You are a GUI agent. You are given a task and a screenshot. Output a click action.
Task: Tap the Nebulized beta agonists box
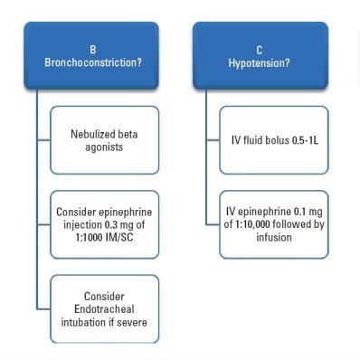104,140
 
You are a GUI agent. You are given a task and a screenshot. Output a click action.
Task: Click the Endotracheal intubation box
104,308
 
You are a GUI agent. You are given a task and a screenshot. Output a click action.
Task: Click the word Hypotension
258,62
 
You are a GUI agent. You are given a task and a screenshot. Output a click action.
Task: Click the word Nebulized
104,133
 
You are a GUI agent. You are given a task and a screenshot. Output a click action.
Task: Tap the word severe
132,321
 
